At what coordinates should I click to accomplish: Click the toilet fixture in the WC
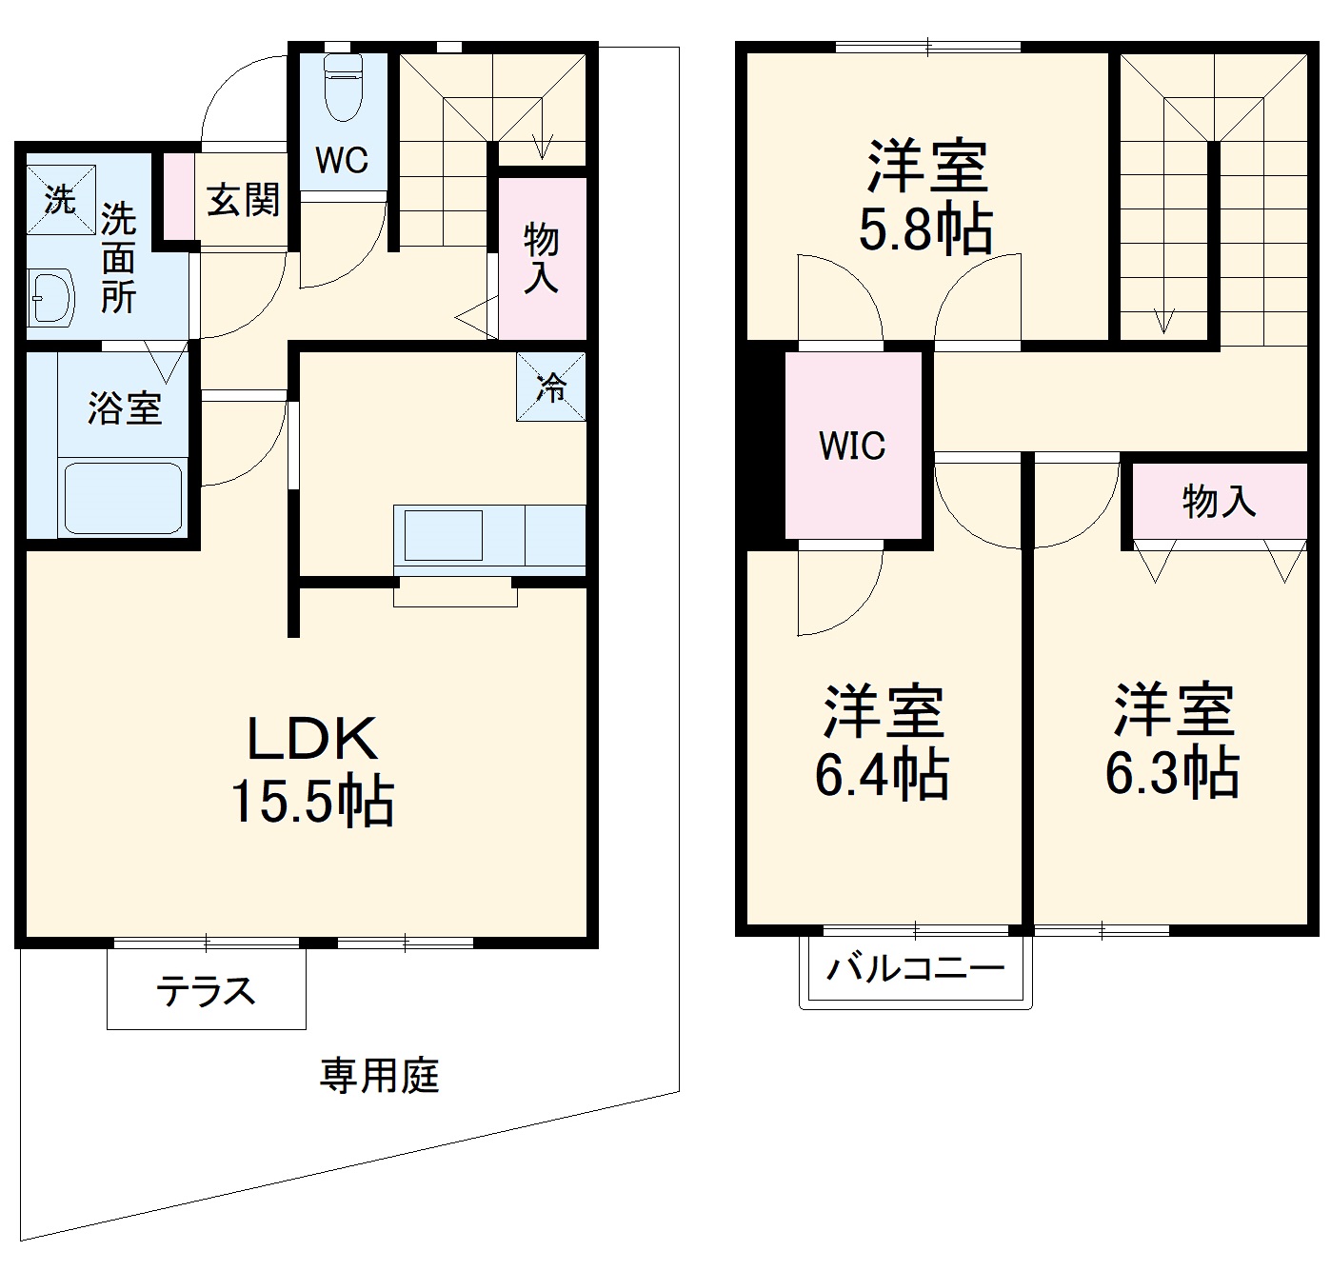pyautogui.click(x=342, y=88)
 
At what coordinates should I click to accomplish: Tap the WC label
pyautogui.click(x=342, y=160)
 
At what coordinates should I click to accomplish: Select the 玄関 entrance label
pyautogui.click(x=244, y=200)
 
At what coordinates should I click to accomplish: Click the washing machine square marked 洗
pyautogui.click(x=60, y=200)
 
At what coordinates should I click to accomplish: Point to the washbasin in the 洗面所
pyautogui.click(x=52, y=297)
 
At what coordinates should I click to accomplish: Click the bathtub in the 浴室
pyautogui.click(x=123, y=497)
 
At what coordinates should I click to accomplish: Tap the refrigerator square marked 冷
pyautogui.click(x=551, y=387)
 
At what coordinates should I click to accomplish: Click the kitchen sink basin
pyautogui.click(x=444, y=535)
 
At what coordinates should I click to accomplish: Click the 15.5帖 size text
pyautogui.click(x=311, y=803)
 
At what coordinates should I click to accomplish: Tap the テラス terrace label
pyautogui.click(x=207, y=992)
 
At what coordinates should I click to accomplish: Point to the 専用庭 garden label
pyautogui.click(x=379, y=1077)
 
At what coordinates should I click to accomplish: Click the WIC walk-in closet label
pyautogui.click(x=853, y=446)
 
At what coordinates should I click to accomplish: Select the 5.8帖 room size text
pyautogui.click(x=925, y=229)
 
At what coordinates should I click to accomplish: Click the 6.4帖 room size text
pyautogui.click(x=882, y=774)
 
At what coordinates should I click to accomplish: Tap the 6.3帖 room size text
pyautogui.click(x=1172, y=774)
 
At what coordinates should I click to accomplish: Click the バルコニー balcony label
pyautogui.click(x=915, y=970)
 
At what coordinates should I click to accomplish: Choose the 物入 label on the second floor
pyautogui.click(x=1219, y=501)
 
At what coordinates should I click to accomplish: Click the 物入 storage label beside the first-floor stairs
pyautogui.click(x=542, y=258)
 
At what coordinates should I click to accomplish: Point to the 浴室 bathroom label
pyautogui.click(x=125, y=408)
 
